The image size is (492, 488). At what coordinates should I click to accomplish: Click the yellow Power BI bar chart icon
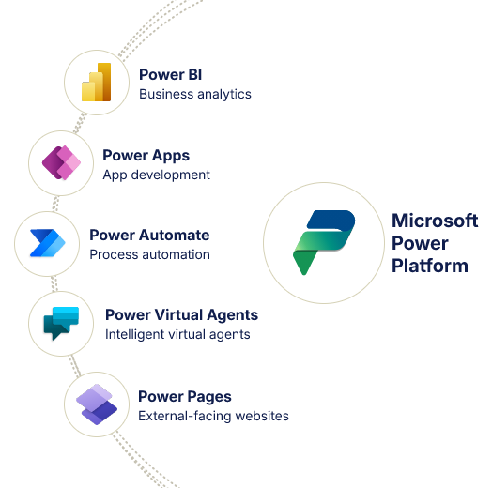click(96, 83)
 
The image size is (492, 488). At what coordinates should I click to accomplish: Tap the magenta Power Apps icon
click(61, 162)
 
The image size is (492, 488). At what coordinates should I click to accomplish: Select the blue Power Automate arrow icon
click(47, 243)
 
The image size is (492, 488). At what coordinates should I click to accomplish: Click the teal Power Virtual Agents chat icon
click(61, 323)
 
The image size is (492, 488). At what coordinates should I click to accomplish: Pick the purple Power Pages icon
click(97, 404)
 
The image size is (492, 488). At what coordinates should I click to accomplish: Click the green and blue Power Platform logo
click(324, 242)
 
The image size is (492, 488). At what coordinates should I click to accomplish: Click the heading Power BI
click(170, 75)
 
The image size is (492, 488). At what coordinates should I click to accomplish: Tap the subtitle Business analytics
click(195, 94)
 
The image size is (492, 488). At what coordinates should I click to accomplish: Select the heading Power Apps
click(146, 156)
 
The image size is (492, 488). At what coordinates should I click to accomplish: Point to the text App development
click(156, 175)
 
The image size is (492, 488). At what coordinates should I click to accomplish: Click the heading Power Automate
click(149, 235)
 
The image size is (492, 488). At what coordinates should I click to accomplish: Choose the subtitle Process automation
click(149, 254)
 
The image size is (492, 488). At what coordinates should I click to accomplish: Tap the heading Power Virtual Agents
click(181, 315)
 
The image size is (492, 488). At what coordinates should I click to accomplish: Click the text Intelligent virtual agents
click(177, 334)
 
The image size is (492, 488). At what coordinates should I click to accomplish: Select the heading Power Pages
click(185, 397)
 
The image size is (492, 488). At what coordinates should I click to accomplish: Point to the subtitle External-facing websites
click(213, 416)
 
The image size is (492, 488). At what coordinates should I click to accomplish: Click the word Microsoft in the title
click(435, 221)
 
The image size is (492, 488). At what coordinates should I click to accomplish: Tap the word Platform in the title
click(430, 266)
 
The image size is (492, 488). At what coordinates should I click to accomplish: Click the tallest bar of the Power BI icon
click(104, 82)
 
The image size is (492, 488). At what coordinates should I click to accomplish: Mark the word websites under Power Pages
click(262, 416)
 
